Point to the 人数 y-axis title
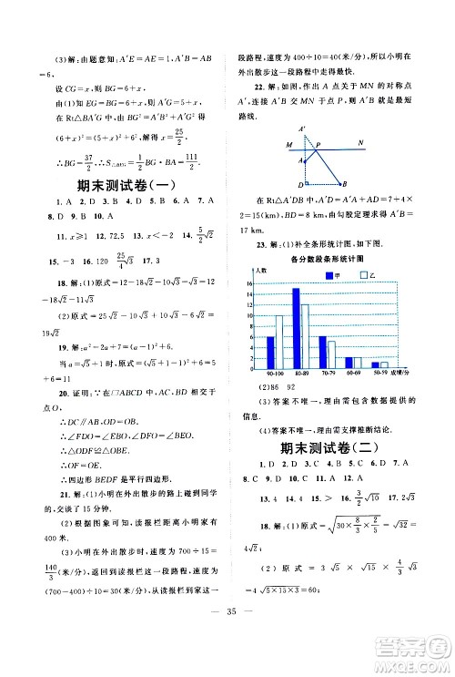[261, 271]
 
